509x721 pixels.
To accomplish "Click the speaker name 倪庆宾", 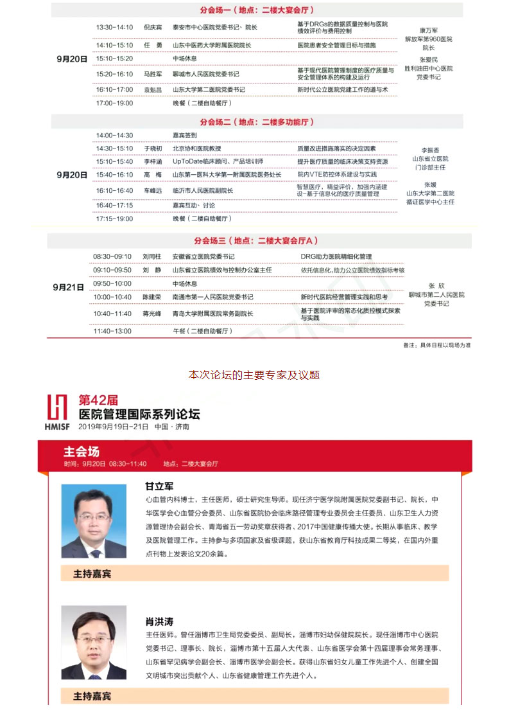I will (153, 28).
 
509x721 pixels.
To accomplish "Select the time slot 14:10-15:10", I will (114, 46).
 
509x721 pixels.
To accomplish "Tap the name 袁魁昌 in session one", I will (153, 90).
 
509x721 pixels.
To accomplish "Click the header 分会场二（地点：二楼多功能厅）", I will (257, 122).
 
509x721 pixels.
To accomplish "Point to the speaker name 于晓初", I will (153, 148).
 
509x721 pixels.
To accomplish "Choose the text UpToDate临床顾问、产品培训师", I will (218, 161).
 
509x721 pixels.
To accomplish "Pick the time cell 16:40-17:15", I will (114, 206).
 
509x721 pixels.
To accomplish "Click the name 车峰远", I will (153, 191).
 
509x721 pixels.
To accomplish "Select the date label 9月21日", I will (69, 288).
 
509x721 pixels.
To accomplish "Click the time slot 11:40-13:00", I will (112, 331).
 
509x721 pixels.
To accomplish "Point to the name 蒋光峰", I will (153, 314).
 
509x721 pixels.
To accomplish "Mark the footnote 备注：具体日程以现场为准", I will (436, 345).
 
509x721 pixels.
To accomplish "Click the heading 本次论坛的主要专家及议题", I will (254, 375).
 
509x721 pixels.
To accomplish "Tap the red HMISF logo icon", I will (56, 407).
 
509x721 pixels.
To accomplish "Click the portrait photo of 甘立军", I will (94, 521).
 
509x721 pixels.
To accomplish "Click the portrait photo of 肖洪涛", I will (94, 642).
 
